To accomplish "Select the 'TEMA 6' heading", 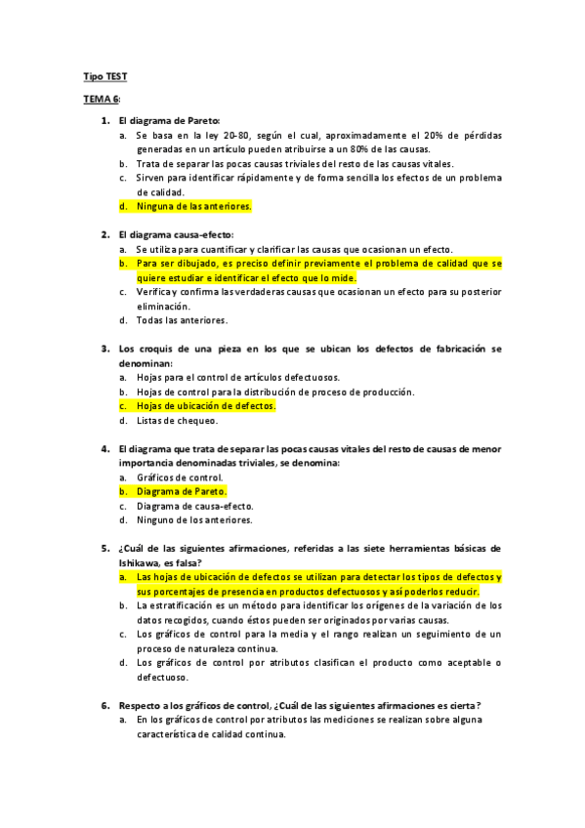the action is point(100,100).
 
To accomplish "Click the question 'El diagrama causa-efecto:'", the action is point(176,234).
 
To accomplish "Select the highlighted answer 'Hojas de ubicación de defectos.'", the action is point(206,405).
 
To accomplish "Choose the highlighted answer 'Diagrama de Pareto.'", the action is point(181,491).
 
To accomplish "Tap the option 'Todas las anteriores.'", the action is point(182,319).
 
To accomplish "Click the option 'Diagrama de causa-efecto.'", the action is point(194,506).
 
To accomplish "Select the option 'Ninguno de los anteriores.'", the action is point(194,520).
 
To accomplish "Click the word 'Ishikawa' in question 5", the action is point(138,562).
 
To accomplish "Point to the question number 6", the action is point(104,705).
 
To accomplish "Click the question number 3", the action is point(104,348).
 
